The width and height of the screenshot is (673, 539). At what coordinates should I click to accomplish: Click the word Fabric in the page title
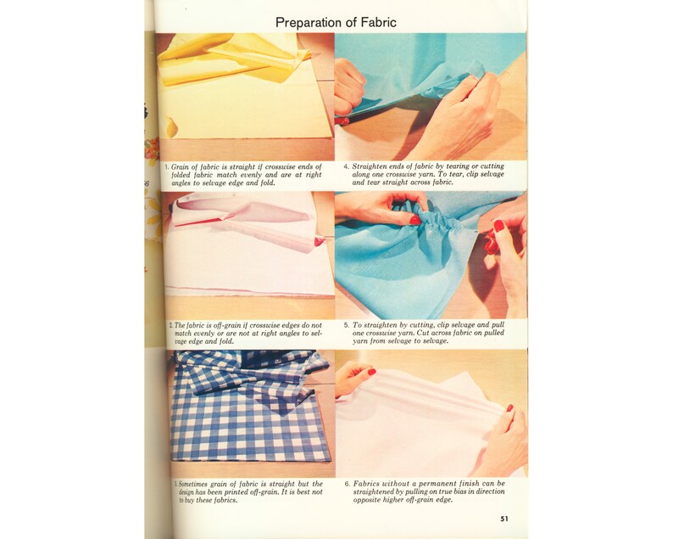[376, 22]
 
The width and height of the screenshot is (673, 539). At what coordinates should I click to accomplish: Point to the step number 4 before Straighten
[346, 166]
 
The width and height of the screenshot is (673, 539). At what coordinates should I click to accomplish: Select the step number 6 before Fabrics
[346, 485]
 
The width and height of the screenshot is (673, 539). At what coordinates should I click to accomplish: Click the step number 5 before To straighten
[346, 324]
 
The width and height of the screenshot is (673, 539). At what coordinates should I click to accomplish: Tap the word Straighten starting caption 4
[371, 166]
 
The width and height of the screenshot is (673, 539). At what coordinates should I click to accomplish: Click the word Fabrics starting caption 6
[368, 485]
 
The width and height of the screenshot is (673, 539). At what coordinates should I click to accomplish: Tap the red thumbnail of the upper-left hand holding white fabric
[370, 372]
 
